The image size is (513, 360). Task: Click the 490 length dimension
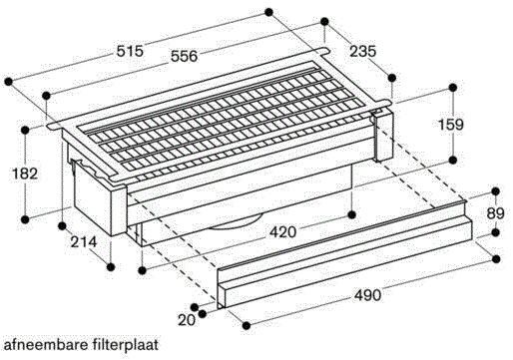[x=368, y=296]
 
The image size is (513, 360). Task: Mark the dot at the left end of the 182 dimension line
[x=24, y=128]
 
